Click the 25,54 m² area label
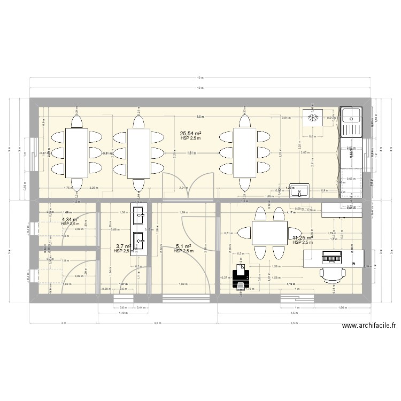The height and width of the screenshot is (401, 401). [190, 134]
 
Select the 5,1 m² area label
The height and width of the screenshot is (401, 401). [183, 246]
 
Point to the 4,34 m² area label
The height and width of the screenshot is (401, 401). [70, 219]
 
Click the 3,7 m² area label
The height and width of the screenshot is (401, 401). [124, 246]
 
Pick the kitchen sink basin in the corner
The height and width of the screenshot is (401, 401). [352, 114]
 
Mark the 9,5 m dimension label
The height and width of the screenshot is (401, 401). [199, 117]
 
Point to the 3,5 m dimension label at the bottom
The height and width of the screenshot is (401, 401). [157, 323]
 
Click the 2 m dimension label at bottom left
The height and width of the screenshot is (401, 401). [63, 323]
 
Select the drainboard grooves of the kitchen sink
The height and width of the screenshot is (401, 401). [352, 128]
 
